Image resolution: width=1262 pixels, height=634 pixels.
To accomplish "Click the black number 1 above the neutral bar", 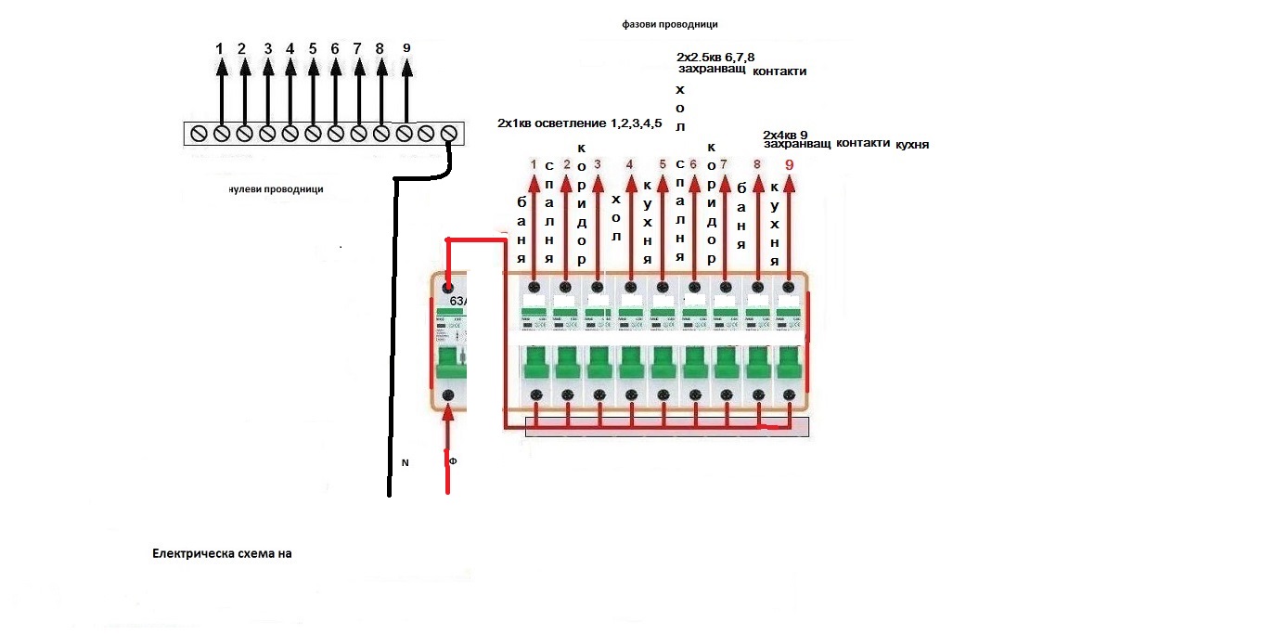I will coord(220,48).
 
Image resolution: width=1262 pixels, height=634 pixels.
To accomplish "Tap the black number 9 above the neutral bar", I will coord(406,48).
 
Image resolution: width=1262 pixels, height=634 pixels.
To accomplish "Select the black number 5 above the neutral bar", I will coord(312,48).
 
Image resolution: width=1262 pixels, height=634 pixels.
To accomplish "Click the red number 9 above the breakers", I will coord(790,165).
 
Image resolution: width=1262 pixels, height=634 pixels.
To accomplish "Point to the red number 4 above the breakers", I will coord(630,165).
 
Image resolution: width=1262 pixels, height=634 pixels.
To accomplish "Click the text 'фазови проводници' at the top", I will coord(670,25).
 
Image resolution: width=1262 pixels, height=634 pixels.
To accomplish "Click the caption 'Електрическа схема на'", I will coord(222,553).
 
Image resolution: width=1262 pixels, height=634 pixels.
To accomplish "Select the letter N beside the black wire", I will coord(405,461).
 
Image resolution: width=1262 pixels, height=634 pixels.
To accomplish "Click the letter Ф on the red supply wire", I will coord(453,461).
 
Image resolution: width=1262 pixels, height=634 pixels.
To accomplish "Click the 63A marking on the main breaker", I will coord(457,302).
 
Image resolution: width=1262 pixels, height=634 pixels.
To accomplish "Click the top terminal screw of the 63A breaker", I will coord(448,288).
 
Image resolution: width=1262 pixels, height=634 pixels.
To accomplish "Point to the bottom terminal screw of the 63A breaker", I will coord(448,396).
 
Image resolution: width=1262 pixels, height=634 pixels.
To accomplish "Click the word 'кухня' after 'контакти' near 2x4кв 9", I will coord(912,145).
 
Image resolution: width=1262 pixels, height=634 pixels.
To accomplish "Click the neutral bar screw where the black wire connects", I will coord(449,134).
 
